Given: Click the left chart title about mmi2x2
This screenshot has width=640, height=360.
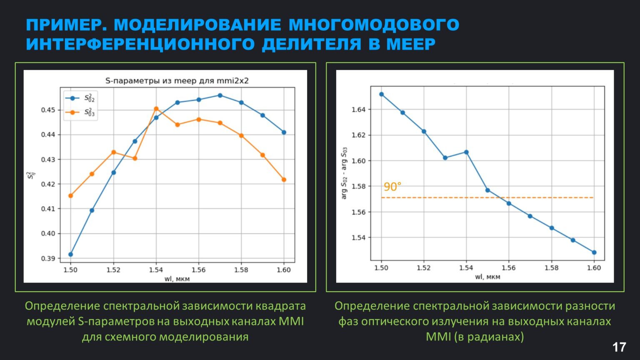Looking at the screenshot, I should [177, 81].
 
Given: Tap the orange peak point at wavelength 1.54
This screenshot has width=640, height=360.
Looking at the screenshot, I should [156, 109].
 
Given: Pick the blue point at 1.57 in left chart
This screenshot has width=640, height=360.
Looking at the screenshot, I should [220, 95].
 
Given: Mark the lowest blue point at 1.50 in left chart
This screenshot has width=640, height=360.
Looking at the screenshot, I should [71, 254].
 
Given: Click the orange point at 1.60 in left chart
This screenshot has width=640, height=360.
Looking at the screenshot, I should [284, 180].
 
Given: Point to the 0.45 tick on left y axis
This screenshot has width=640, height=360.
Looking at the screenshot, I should [48, 110].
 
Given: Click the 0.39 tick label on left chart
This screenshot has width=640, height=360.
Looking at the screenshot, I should [48, 258].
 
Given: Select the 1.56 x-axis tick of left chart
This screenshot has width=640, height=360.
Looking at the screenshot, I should [198, 270].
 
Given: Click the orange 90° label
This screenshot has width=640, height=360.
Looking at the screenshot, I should [392, 187].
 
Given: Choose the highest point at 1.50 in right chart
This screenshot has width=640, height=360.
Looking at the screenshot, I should [381, 94].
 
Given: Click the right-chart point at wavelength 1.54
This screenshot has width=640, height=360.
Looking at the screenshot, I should [466, 152].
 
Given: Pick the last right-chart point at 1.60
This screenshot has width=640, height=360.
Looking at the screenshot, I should [594, 252].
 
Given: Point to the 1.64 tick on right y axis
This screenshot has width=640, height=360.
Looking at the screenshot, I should [358, 110].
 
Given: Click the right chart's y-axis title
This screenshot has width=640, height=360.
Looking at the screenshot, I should [344, 173].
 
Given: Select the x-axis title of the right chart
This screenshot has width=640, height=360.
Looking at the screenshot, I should [487, 277].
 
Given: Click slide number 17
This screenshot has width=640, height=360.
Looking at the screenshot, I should [619, 347].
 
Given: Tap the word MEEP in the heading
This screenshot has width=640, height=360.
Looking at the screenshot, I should [411, 44].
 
